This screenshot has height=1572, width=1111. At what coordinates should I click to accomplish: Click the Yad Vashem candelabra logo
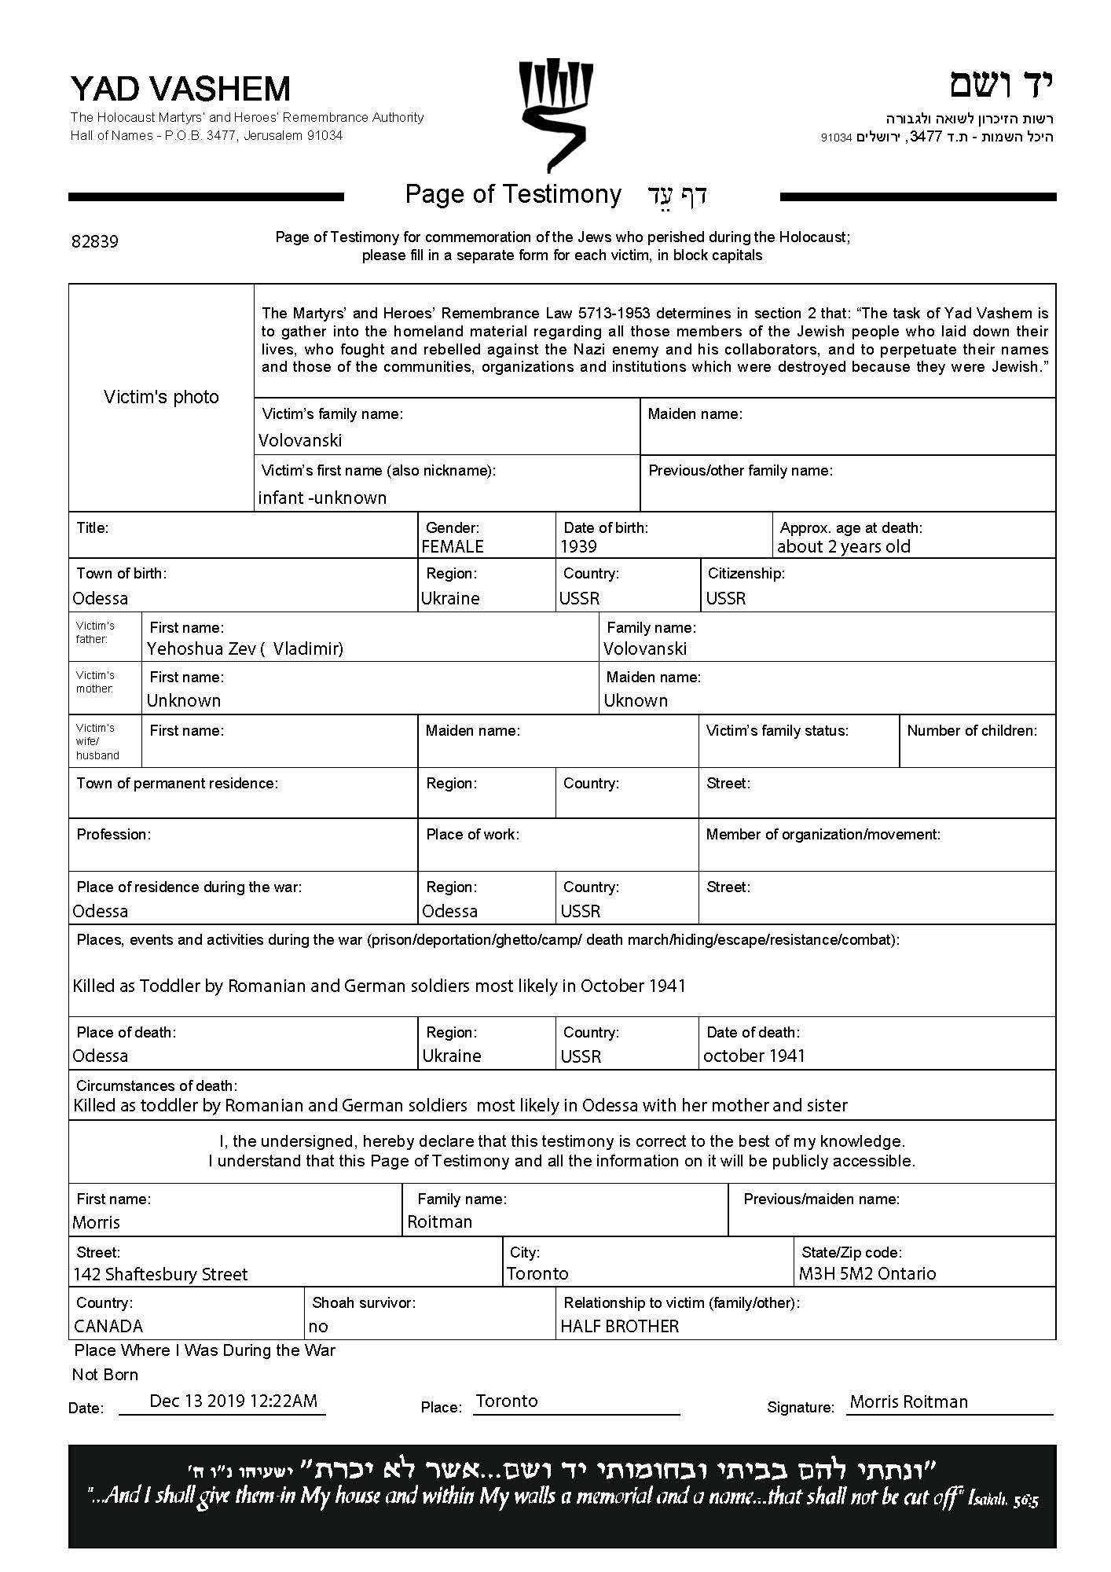coord(555,114)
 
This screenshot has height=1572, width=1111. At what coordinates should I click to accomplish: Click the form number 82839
coord(95,241)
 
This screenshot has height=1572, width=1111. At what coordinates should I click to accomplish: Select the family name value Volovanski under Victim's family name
coord(300,440)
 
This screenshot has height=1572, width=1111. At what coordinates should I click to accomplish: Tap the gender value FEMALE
coord(453,546)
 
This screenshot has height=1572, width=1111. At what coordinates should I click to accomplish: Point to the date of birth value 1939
coord(578,546)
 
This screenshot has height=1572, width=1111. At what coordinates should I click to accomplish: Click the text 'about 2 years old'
coord(843,546)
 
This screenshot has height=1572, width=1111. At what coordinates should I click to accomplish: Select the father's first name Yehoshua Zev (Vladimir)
coord(245,648)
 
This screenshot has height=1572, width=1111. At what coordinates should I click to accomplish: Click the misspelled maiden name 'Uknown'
coord(636,700)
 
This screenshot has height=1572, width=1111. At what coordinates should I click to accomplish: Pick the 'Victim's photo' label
coord(161,397)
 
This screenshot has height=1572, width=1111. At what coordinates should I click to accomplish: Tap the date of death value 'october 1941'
coord(754,1056)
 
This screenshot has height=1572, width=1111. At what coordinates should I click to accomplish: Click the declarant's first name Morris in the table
coord(97,1222)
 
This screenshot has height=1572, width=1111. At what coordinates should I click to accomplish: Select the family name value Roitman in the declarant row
coord(440,1221)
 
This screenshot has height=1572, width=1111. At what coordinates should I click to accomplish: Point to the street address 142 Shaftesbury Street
coord(160,1274)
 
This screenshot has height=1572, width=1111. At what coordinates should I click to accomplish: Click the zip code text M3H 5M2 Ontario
coord(867,1273)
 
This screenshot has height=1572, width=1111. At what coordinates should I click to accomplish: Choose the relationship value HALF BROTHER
coord(619,1326)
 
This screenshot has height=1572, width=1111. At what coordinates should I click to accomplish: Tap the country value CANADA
coord(108,1326)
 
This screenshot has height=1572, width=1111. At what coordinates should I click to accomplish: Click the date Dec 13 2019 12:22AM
coord(233,1401)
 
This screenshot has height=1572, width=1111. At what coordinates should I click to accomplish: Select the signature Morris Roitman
coord(909,1401)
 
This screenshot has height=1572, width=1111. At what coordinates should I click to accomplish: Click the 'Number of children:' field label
coord(972,730)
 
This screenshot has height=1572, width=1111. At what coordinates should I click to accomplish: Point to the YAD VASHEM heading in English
coord(181,89)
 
